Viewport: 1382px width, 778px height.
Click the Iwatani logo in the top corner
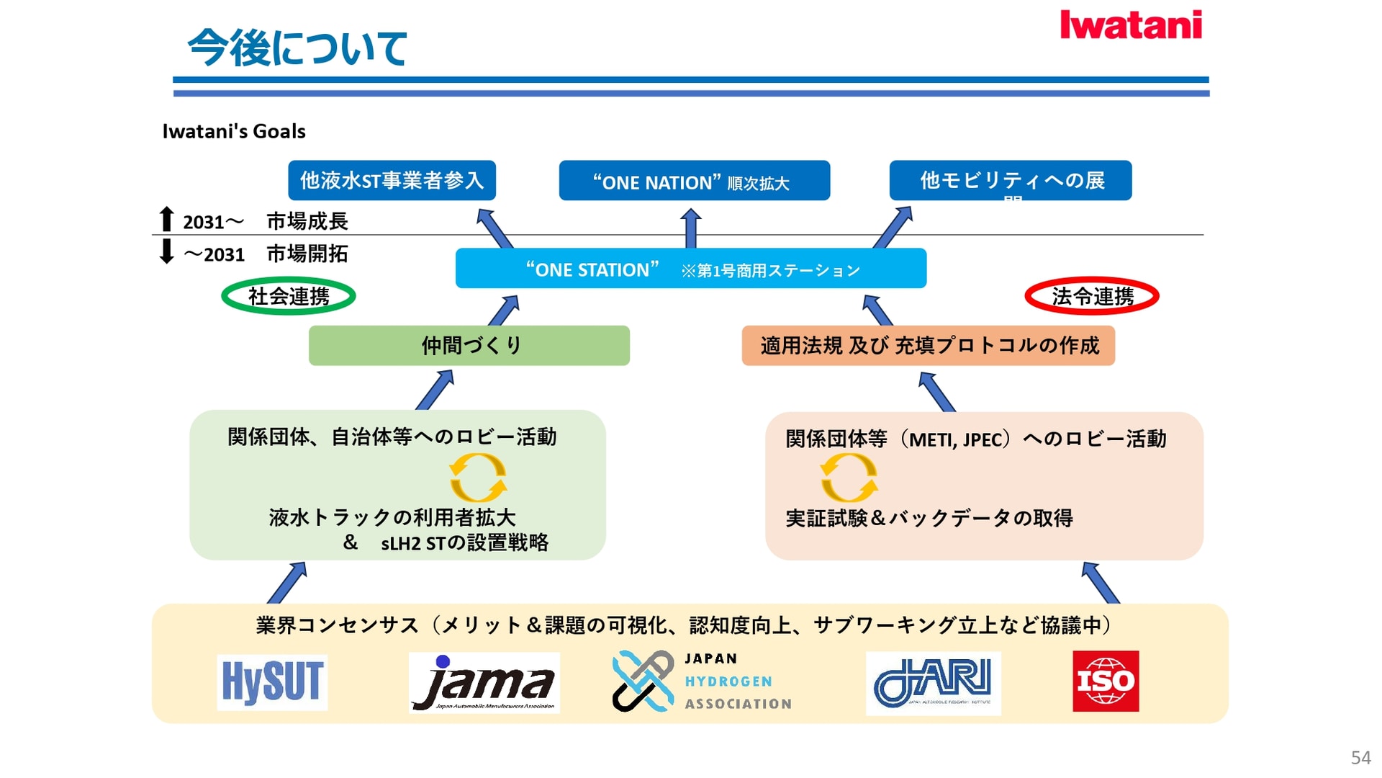[1130, 25]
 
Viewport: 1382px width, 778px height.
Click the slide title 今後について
[297, 48]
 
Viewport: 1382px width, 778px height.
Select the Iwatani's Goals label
[234, 131]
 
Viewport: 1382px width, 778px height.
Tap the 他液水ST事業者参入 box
[392, 180]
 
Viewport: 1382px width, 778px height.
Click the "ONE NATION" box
[694, 181]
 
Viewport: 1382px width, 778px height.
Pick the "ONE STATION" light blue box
[690, 269]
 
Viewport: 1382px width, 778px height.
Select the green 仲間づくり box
[469, 346]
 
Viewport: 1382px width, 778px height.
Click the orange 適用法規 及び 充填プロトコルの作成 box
[928, 346]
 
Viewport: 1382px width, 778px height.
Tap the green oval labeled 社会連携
[288, 296]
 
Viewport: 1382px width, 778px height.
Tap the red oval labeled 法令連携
[1091, 296]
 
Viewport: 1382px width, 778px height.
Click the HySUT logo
[272, 682]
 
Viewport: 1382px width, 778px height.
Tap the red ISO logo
[1105, 681]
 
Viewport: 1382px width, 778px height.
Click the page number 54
[1360, 758]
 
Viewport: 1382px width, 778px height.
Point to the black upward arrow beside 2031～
[166, 219]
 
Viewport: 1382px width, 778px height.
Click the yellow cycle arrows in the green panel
[478, 478]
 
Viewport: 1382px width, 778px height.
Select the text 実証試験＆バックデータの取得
[929, 518]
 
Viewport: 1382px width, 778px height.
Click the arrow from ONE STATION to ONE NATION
[691, 228]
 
